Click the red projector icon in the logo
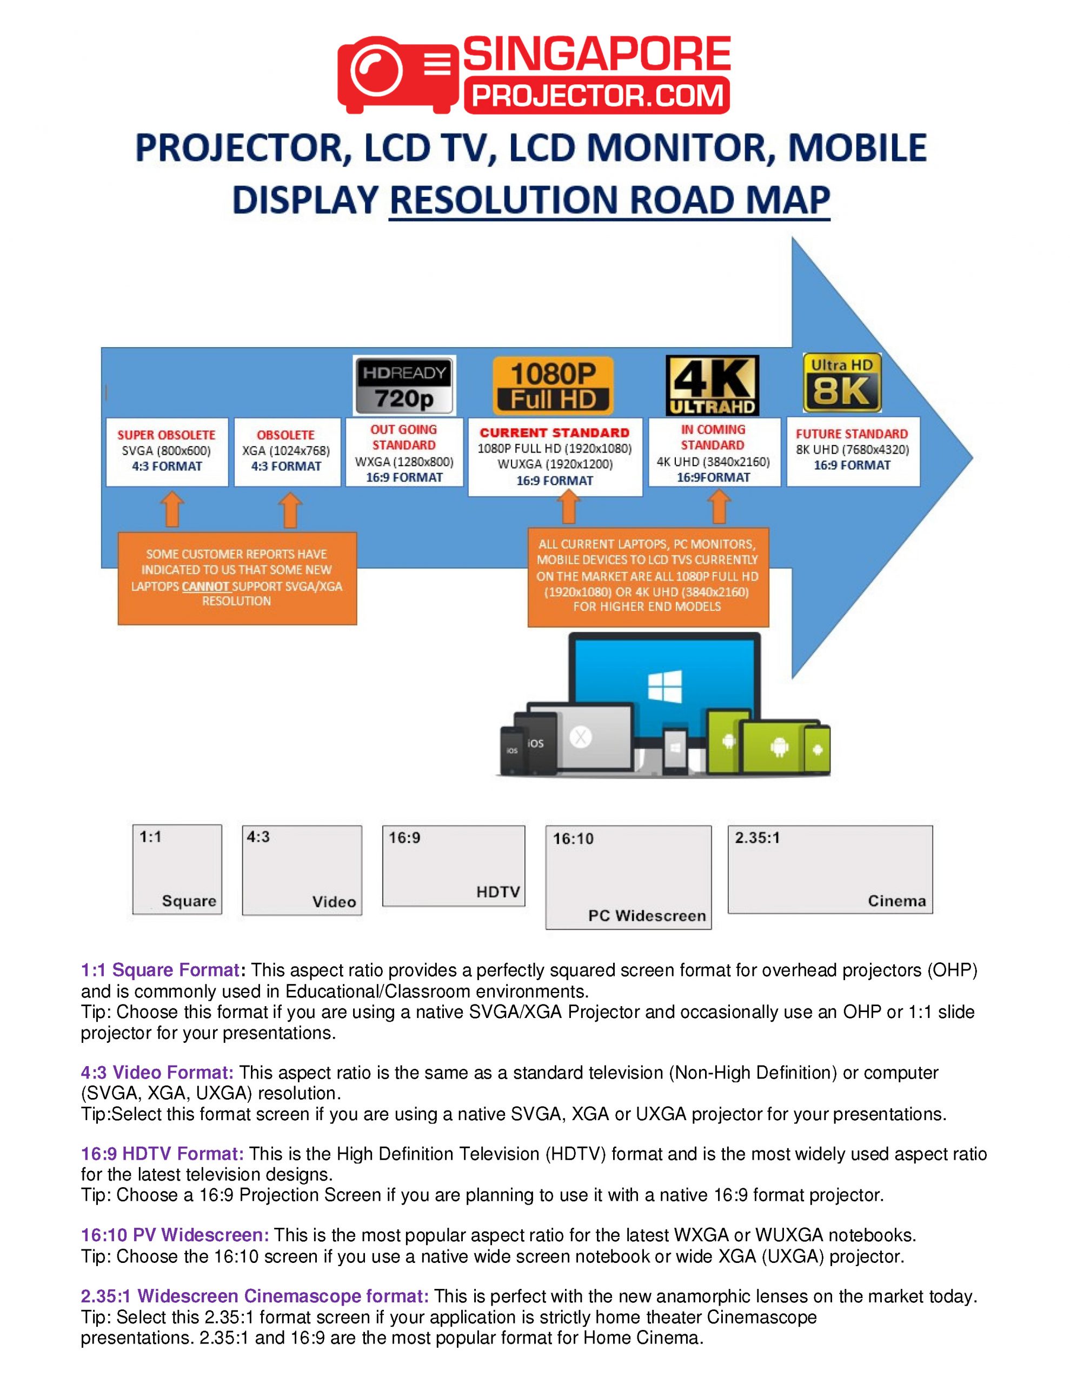(x=397, y=74)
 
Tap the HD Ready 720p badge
(x=404, y=385)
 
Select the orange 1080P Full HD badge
(x=553, y=385)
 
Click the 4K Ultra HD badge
(x=712, y=385)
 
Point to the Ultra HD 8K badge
(x=842, y=382)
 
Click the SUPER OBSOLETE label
(x=166, y=435)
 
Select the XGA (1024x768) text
(x=286, y=450)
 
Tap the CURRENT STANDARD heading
(x=555, y=433)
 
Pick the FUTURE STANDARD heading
(x=852, y=434)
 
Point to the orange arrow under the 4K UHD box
(x=719, y=507)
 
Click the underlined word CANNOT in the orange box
(x=205, y=586)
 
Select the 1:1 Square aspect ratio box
(x=177, y=869)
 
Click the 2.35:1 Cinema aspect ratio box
(x=830, y=869)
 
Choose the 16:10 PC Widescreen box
(x=628, y=877)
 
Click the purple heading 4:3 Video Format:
(x=157, y=1073)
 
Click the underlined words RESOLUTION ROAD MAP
(x=609, y=200)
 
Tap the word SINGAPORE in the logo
(x=597, y=54)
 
